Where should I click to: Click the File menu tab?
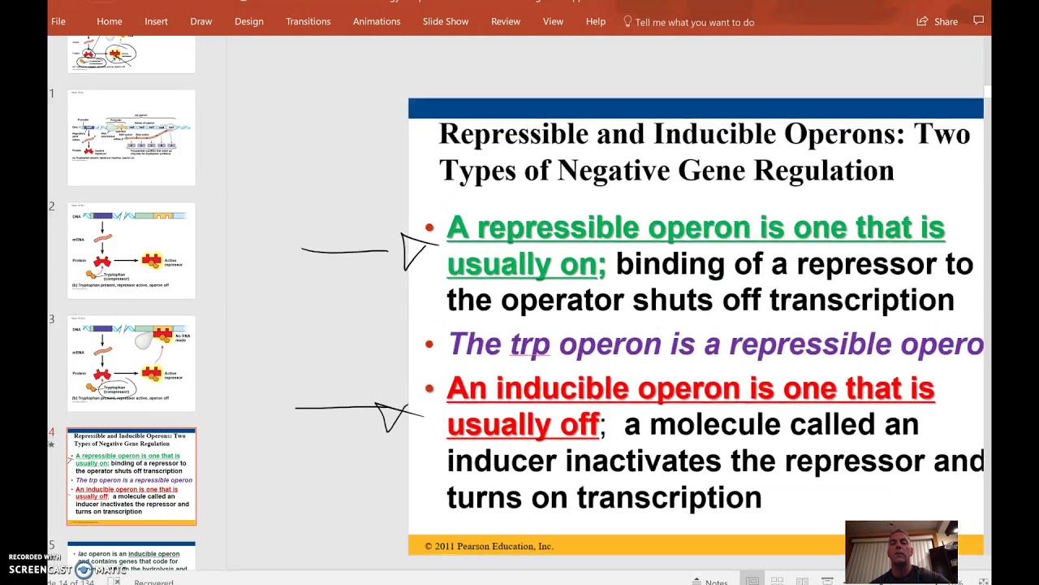(58, 22)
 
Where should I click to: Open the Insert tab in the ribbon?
(156, 22)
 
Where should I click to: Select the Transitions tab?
(308, 22)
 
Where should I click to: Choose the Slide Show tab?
(445, 22)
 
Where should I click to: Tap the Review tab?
(505, 22)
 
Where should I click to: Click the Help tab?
(595, 22)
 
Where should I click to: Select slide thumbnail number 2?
(131, 250)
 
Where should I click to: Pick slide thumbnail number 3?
(131, 363)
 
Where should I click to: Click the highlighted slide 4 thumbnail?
(131, 476)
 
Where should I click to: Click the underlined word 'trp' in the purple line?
(530, 344)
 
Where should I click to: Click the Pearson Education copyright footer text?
(489, 546)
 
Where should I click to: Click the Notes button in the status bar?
(710, 582)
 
